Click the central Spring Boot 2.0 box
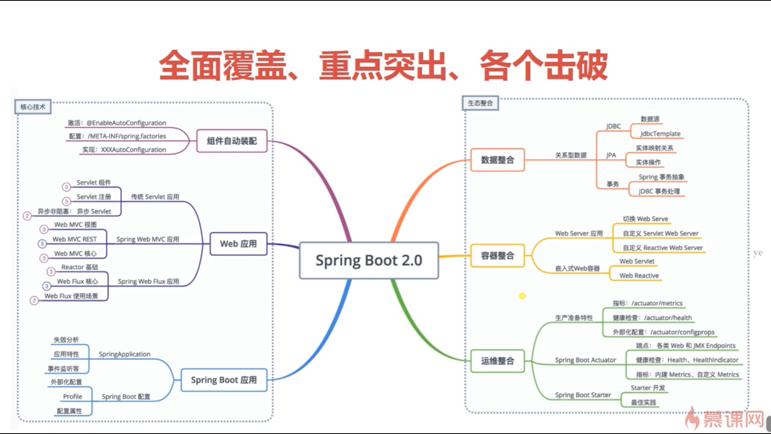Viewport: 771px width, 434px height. pos(369,260)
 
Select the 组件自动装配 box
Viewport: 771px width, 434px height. pos(232,141)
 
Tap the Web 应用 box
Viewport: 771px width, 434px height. pos(238,244)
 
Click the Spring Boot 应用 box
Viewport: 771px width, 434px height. pos(224,380)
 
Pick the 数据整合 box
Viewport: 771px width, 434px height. pos(498,160)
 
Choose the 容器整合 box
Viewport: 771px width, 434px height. pos(498,256)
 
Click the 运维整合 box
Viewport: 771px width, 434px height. pos(498,361)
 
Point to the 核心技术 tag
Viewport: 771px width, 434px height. pos(33,107)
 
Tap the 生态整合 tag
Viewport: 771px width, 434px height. pos(480,103)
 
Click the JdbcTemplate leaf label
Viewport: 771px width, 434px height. pos(660,133)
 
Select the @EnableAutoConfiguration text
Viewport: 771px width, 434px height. pos(126,123)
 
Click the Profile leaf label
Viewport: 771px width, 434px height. pos(72,397)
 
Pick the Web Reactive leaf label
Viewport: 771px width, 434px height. pos(639,276)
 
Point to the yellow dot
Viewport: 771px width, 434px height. pos(522,296)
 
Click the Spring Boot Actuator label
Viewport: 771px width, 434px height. pos(585,360)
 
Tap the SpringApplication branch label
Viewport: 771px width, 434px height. pos(124,354)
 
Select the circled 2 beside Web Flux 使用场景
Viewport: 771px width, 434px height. pos(34,301)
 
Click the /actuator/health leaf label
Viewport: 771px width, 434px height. pos(668,318)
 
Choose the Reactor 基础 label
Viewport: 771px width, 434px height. pos(80,267)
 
